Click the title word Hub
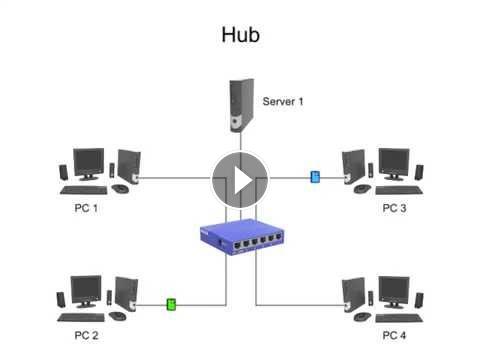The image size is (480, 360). tap(240, 35)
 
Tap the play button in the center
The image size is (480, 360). tap(240, 180)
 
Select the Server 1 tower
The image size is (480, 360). tap(241, 105)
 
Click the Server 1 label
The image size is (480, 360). tap(283, 101)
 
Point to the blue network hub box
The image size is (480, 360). tap(242, 237)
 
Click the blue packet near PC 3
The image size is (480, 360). tap(315, 177)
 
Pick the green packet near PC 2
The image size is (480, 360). tap(171, 304)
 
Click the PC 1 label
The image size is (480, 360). tap(86, 208)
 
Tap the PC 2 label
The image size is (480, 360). tap(86, 335)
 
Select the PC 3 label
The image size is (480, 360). tap(394, 208)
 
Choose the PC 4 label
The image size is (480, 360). tap(394, 335)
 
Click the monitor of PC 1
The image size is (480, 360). tap(88, 164)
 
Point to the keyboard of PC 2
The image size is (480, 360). tap(81, 317)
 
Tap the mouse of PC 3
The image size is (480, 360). tap(362, 189)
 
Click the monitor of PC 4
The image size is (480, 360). tap(394, 292)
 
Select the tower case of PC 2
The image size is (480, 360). tap(126, 294)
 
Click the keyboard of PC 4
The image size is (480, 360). tap(399, 318)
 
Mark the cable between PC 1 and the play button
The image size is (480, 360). tap(175, 178)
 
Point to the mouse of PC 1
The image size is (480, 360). tap(120, 189)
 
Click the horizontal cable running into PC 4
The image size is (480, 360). tap(300, 305)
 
